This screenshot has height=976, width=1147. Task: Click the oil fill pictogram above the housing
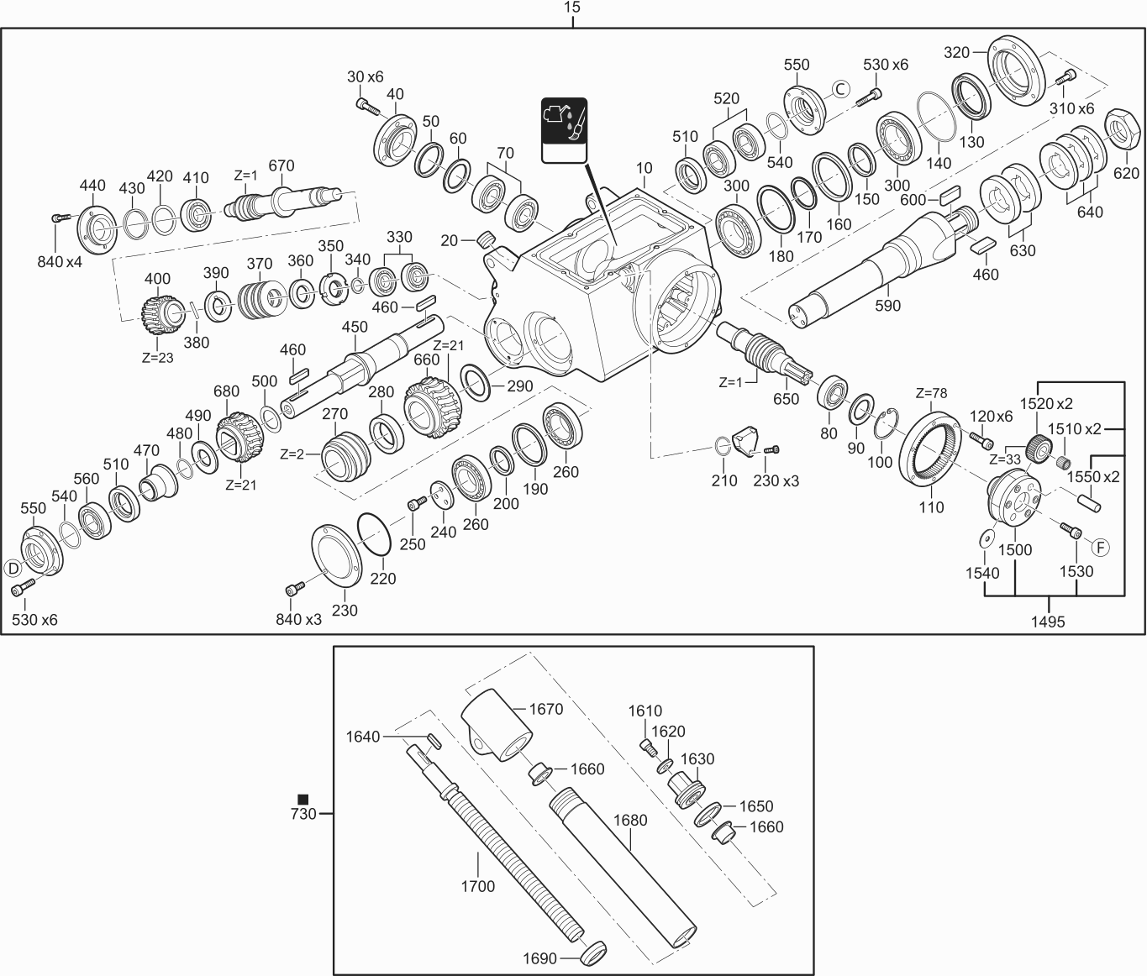(x=564, y=130)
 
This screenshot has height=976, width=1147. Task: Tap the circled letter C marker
(x=841, y=89)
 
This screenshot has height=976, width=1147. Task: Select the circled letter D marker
(x=13, y=568)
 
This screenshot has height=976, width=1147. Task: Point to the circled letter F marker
(x=1100, y=547)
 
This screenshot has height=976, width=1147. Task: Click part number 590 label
(x=887, y=305)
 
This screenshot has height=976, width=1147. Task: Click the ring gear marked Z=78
(x=931, y=445)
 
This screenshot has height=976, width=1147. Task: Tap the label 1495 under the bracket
(x=1048, y=622)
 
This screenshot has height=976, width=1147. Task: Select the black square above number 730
(x=303, y=799)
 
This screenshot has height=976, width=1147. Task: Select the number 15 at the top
(x=572, y=8)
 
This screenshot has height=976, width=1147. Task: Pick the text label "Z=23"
(x=159, y=356)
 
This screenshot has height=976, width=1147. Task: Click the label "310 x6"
(x=1071, y=108)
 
